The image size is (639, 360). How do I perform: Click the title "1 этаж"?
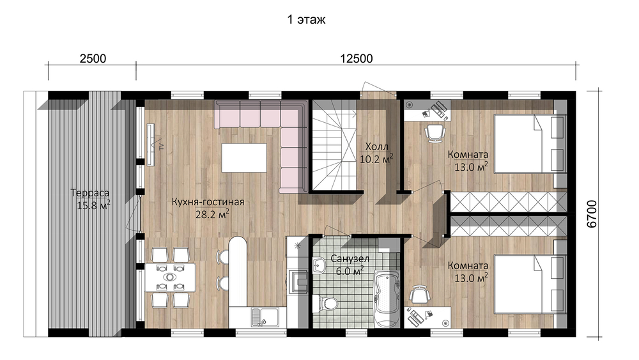(307, 20)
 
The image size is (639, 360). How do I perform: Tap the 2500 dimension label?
(93, 59)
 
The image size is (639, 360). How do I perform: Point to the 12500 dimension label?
(357, 59)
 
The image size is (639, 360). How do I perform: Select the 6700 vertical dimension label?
(592, 214)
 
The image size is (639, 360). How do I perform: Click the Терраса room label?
(89, 192)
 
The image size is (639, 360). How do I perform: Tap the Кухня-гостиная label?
(208, 202)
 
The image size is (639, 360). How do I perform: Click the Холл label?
(376, 146)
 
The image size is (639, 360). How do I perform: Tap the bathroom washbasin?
(319, 266)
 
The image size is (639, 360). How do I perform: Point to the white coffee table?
(244, 157)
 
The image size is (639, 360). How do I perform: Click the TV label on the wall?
(161, 145)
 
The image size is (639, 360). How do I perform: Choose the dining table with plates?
(170, 278)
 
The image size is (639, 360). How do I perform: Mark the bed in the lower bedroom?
(530, 284)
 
